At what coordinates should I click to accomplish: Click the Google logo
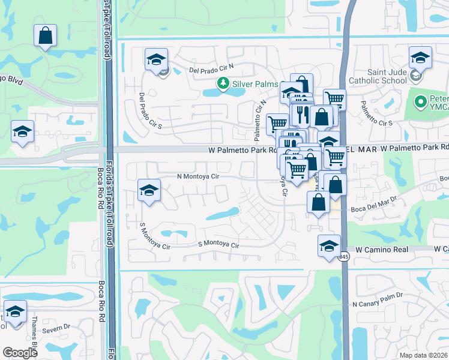(20, 353)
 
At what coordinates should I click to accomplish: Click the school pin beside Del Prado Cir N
(156, 59)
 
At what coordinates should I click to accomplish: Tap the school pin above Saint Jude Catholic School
(420, 58)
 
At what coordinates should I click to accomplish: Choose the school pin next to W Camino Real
(329, 246)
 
